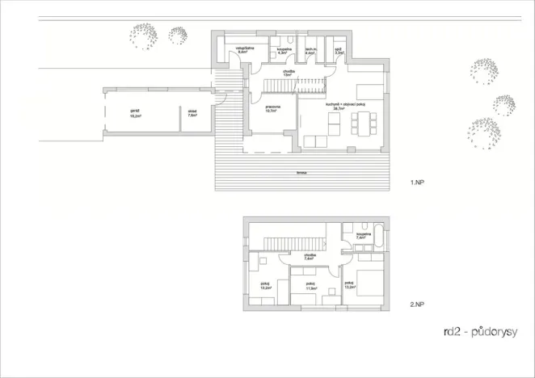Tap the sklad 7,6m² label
[192, 114]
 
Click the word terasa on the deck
[301, 172]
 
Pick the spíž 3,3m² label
[340, 51]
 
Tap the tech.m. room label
[310, 51]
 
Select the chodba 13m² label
[289, 73]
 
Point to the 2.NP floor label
[417, 304]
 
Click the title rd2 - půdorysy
[480, 331]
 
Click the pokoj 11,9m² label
[310, 286]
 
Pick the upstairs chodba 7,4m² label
[310, 257]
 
